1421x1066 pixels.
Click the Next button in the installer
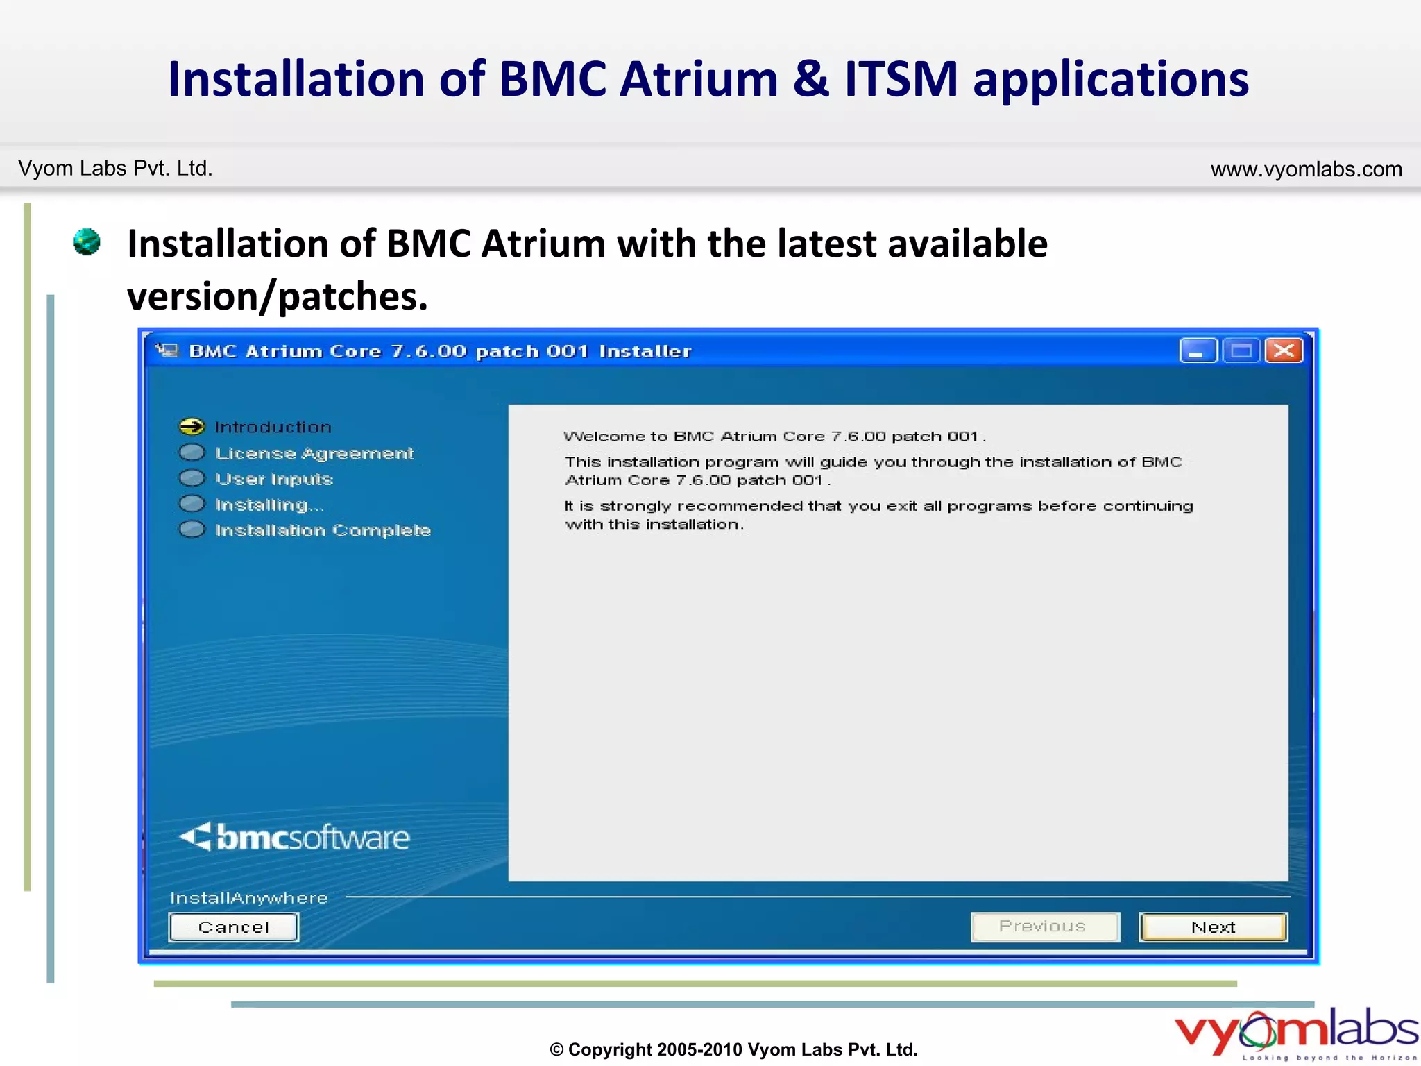click(1213, 927)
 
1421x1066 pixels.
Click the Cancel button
click(233, 927)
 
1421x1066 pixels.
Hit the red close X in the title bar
click(1283, 350)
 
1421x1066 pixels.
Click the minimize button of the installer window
click(1197, 350)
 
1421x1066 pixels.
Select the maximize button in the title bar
click(1241, 350)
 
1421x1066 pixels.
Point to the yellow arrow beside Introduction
click(192, 426)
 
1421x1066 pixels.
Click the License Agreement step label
click(314, 453)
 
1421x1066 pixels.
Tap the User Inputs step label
click(274, 479)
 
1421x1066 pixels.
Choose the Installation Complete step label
click(323, 530)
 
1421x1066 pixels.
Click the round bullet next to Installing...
click(192, 504)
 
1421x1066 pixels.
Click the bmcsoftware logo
click(295, 837)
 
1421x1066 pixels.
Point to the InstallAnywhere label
click(249, 898)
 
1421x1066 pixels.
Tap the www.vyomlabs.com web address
click(1306, 169)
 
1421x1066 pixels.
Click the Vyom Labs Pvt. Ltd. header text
click(115, 168)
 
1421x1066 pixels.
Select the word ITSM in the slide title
click(901, 78)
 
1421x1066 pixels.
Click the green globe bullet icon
click(87, 242)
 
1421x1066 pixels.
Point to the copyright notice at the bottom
click(733, 1049)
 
